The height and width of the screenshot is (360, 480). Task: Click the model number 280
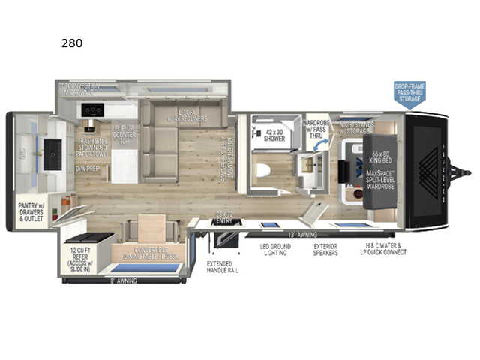(72, 43)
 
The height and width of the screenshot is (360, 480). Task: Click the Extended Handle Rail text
(223, 265)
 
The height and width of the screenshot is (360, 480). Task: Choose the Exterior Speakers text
(325, 249)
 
